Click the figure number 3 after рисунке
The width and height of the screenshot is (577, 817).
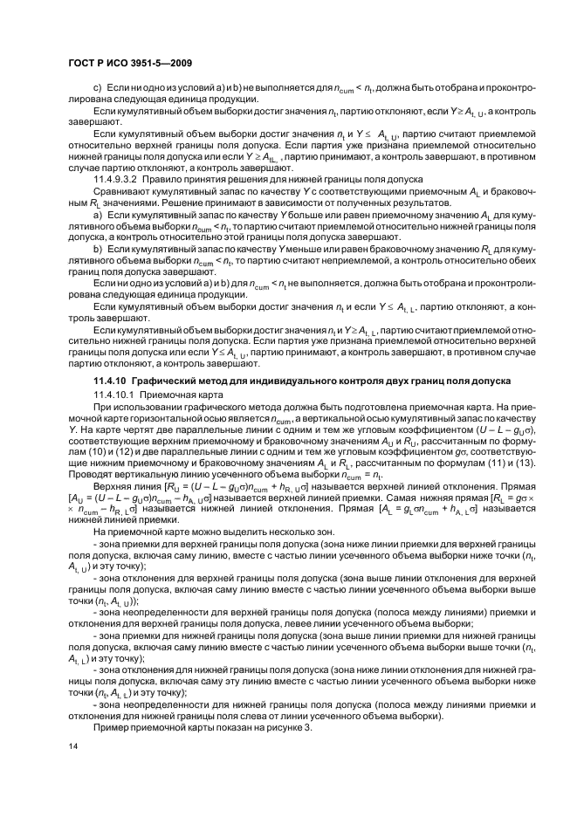point(308,727)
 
